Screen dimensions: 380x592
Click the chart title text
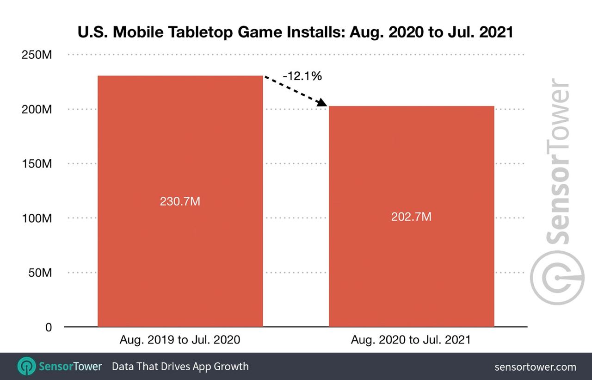point(296,32)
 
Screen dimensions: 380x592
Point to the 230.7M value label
point(180,202)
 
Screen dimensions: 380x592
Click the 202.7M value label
point(411,217)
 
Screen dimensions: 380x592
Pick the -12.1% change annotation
point(302,76)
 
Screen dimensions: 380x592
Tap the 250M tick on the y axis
point(37,55)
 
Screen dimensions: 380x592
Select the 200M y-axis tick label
point(37,110)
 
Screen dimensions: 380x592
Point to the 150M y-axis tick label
point(37,164)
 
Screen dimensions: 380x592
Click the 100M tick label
point(37,218)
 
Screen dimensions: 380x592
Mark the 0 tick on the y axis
point(49,327)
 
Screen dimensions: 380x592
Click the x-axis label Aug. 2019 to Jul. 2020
point(180,340)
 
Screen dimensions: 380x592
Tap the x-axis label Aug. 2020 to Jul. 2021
point(411,340)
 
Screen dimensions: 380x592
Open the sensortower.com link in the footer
point(535,367)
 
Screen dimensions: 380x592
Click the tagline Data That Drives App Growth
point(180,367)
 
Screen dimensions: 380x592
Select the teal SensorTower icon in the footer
point(26,367)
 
